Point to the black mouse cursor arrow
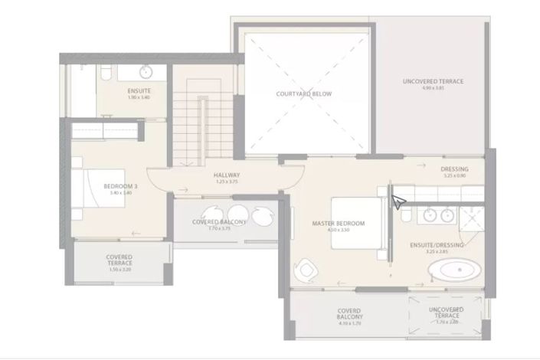398,202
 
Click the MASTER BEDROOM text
338,224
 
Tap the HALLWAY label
227,175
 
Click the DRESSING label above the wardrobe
454,169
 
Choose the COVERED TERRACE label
119,260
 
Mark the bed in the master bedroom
357,223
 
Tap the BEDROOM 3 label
120,186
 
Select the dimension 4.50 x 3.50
338,230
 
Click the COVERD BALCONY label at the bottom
349,313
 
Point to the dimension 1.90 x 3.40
139,97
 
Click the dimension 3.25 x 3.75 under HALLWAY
227,182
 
